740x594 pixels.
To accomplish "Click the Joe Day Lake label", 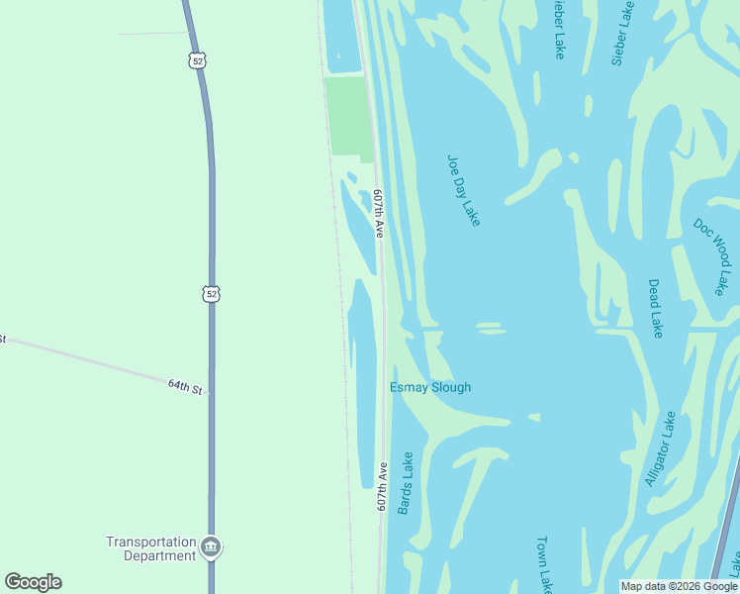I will click(x=463, y=190).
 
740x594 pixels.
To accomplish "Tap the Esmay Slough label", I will click(x=430, y=387).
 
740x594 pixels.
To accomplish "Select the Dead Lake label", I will click(x=655, y=308).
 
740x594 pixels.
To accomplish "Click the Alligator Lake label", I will click(x=660, y=448).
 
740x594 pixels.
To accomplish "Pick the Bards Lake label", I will click(x=405, y=483).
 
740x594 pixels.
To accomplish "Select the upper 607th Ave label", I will click(x=378, y=213).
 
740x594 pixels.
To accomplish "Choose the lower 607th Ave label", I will click(x=382, y=485).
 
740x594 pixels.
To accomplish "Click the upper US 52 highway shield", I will click(x=199, y=60).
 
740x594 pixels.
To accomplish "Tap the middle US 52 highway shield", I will click(x=211, y=294).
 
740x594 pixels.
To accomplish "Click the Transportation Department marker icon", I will click(x=210, y=546).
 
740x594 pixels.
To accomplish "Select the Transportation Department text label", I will click(x=151, y=548).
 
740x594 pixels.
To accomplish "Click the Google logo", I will click(x=34, y=582).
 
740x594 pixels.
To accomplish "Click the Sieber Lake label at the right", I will click(x=621, y=34).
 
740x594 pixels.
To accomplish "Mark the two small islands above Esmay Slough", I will click(x=488, y=327).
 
